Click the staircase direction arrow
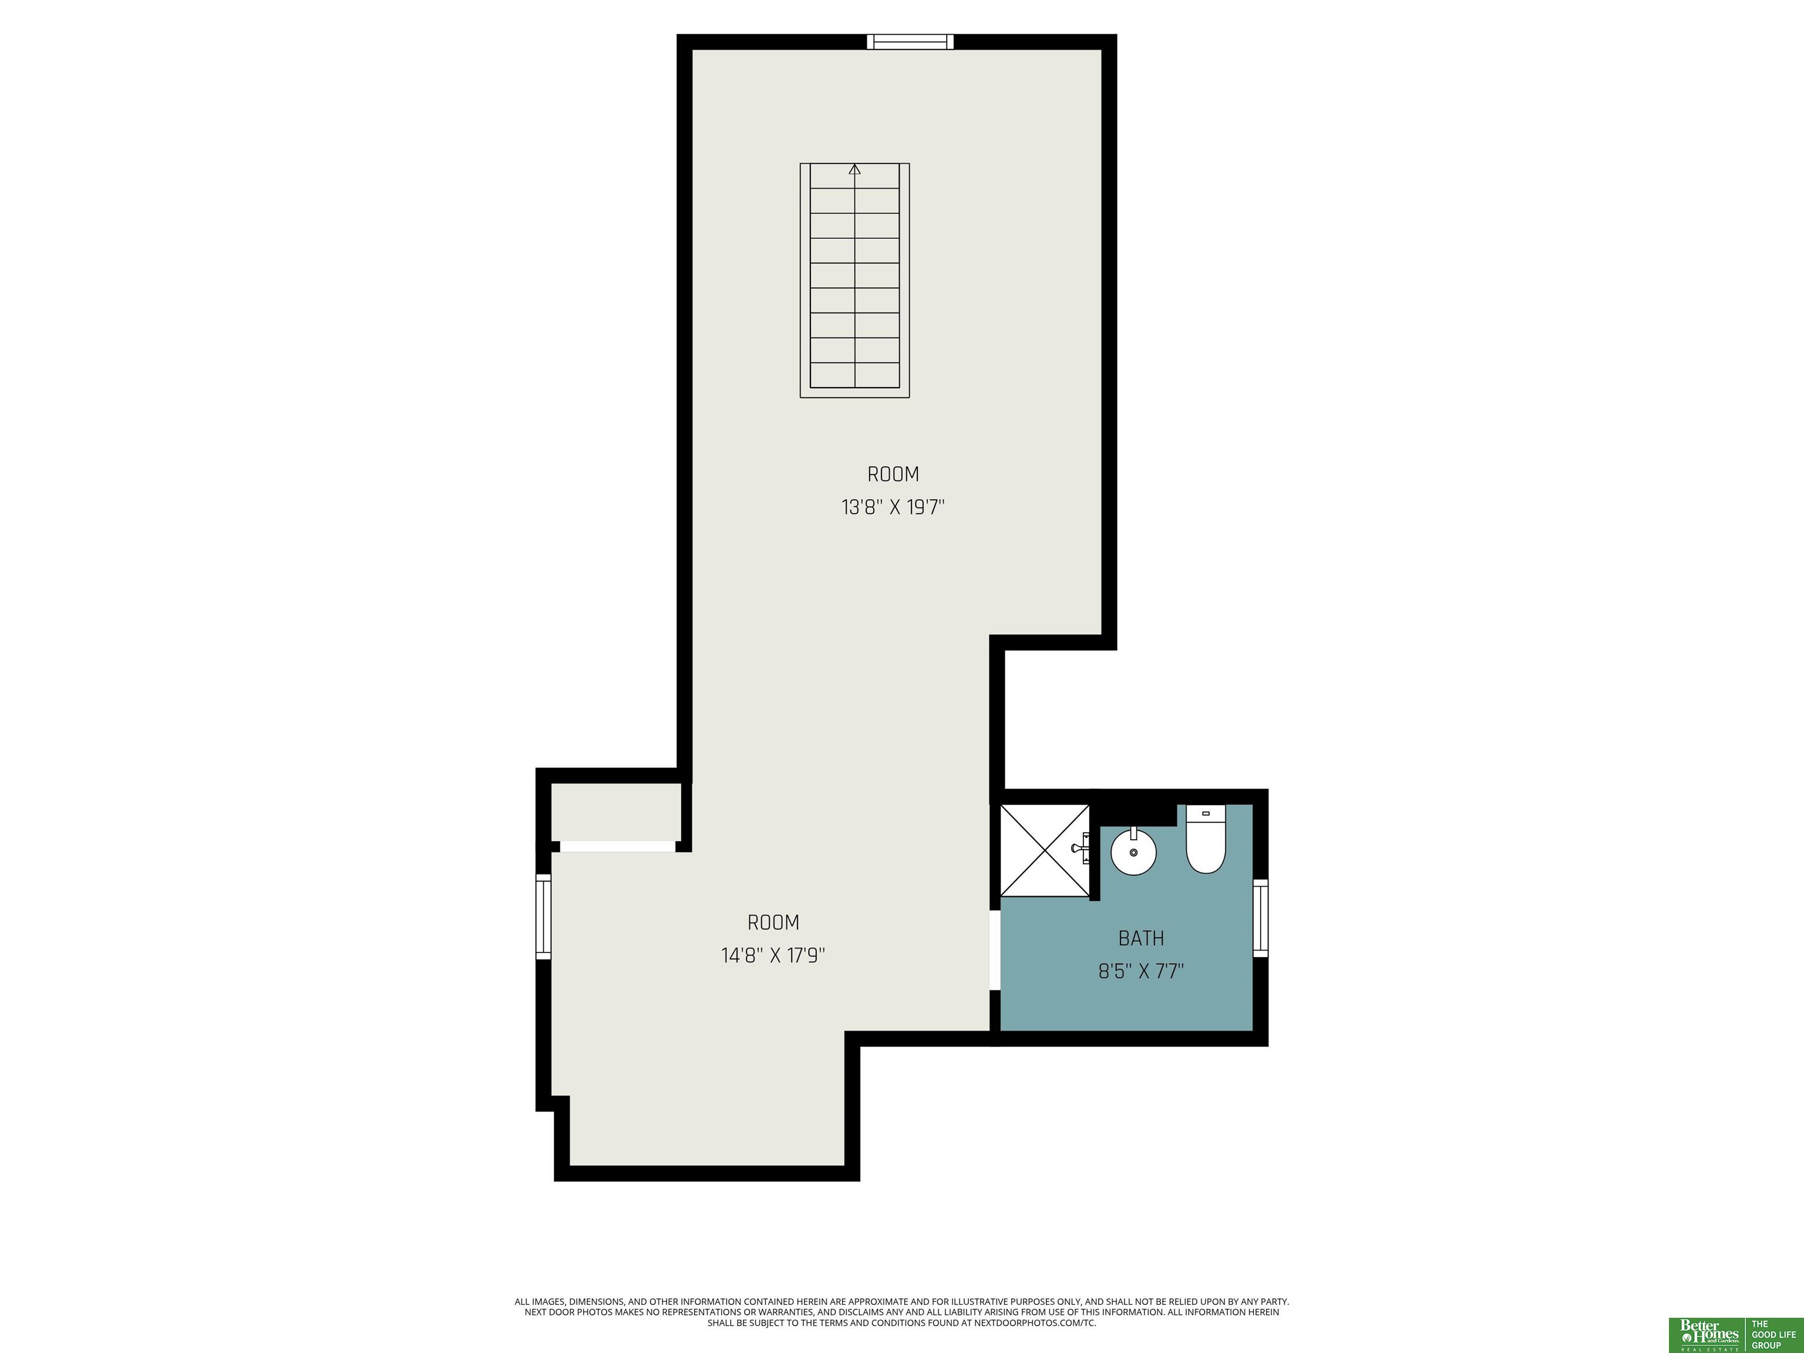tap(854, 170)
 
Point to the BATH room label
tap(1141, 938)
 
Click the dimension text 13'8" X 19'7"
tap(893, 507)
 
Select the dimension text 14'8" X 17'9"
tap(773, 955)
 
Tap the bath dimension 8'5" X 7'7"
tap(1141, 971)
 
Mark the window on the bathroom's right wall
tap(1260, 917)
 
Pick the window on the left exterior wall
tap(543, 917)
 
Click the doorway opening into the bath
tap(995, 950)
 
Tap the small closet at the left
tap(616, 812)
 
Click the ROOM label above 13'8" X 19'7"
tap(893, 474)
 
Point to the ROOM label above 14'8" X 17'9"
tap(773, 923)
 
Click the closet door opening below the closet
tap(617, 847)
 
